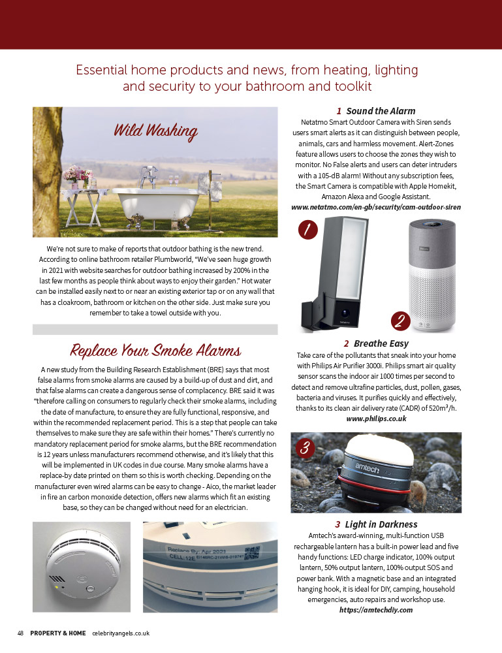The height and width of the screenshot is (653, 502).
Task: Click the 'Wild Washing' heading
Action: tap(155, 130)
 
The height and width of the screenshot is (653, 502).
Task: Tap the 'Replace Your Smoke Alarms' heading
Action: tap(155, 351)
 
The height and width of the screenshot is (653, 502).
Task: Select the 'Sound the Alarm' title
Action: tap(375, 111)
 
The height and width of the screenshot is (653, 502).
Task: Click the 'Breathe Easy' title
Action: tap(375, 343)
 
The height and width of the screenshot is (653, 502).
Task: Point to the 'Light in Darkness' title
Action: tap(375, 524)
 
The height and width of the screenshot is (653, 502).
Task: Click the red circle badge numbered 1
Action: tap(307, 229)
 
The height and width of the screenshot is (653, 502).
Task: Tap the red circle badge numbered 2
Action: tap(400, 321)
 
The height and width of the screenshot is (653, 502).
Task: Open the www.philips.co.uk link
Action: tap(375, 419)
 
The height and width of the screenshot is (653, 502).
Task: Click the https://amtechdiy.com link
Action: tap(375, 609)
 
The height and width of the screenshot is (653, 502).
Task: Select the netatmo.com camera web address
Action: tap(375, 207)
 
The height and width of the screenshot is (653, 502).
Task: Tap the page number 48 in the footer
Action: tap(20, 633)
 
